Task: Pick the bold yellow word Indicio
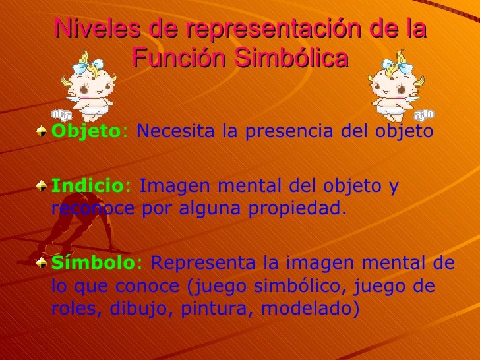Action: tap(82, 187)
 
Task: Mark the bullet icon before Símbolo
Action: tap(43, 262)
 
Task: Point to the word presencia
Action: tap(287, 132)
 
